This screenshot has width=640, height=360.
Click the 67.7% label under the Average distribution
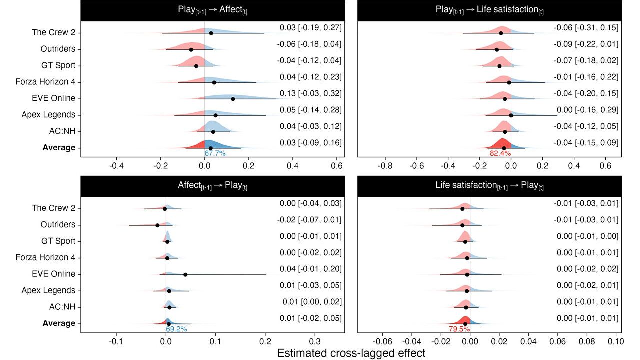[215, 154]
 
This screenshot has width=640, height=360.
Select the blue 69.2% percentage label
[176, 329]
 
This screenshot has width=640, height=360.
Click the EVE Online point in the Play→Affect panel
[233, 99]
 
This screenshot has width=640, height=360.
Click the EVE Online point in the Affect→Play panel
[185, 274]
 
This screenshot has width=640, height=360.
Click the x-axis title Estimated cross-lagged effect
[351, 353]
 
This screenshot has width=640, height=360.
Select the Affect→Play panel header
[213, 185]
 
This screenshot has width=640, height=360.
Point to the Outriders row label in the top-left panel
[58, 49]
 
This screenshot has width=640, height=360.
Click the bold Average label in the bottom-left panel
[59, 323]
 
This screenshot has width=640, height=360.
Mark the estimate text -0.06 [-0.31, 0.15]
[586, 28]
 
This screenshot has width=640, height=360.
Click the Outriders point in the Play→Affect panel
[191, 49]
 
